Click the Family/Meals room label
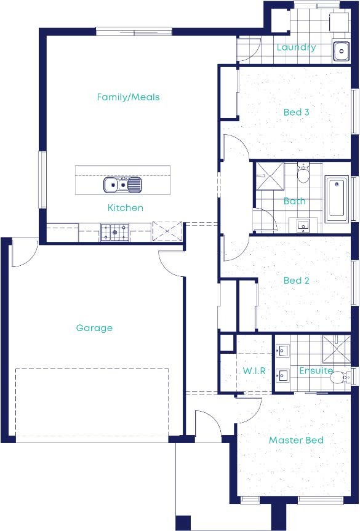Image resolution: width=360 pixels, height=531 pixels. tap(128, 97)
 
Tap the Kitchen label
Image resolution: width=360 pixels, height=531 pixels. tap(126, 208)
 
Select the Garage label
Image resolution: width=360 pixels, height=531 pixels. tap(94, 328)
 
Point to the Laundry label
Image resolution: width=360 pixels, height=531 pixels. tap(296, 47)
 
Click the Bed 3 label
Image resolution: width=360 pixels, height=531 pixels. tap(296, 112)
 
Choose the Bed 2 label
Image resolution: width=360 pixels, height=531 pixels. tap(296, 281)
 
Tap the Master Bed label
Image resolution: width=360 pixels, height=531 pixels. tap(296, 441)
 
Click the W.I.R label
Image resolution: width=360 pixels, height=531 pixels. tap(254, 371)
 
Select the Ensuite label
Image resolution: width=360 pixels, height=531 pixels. tap(316, 371)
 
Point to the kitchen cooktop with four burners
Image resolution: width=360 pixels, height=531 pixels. tap(115, 232)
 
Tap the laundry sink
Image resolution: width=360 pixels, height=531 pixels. tap(342, 51)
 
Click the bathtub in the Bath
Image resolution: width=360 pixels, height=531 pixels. tap(336, 199)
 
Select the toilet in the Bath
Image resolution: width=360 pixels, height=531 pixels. tap(303, 175)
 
